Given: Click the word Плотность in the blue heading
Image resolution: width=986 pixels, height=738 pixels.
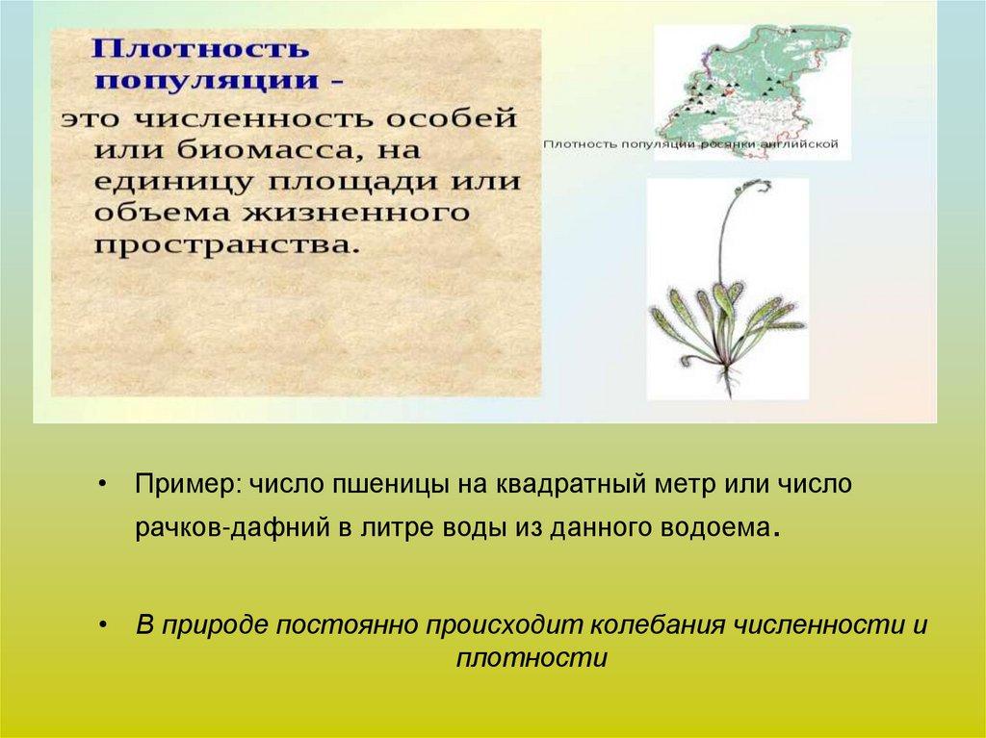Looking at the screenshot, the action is tap(200, 49).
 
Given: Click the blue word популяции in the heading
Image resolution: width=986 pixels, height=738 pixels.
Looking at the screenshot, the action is tap(206, 82).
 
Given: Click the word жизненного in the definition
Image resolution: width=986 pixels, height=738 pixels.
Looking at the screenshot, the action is tap(356, 213).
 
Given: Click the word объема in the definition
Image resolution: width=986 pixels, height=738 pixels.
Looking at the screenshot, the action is tap(164, 213).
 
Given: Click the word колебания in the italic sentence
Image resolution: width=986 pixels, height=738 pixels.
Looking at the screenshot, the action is tap(658, 625).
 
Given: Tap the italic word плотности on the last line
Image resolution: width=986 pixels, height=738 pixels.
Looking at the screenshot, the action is tap(532, 659).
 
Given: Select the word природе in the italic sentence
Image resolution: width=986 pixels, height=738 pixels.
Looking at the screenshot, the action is tap(214, 626).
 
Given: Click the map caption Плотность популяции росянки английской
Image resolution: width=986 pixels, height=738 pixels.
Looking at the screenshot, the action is tap(690, 144).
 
